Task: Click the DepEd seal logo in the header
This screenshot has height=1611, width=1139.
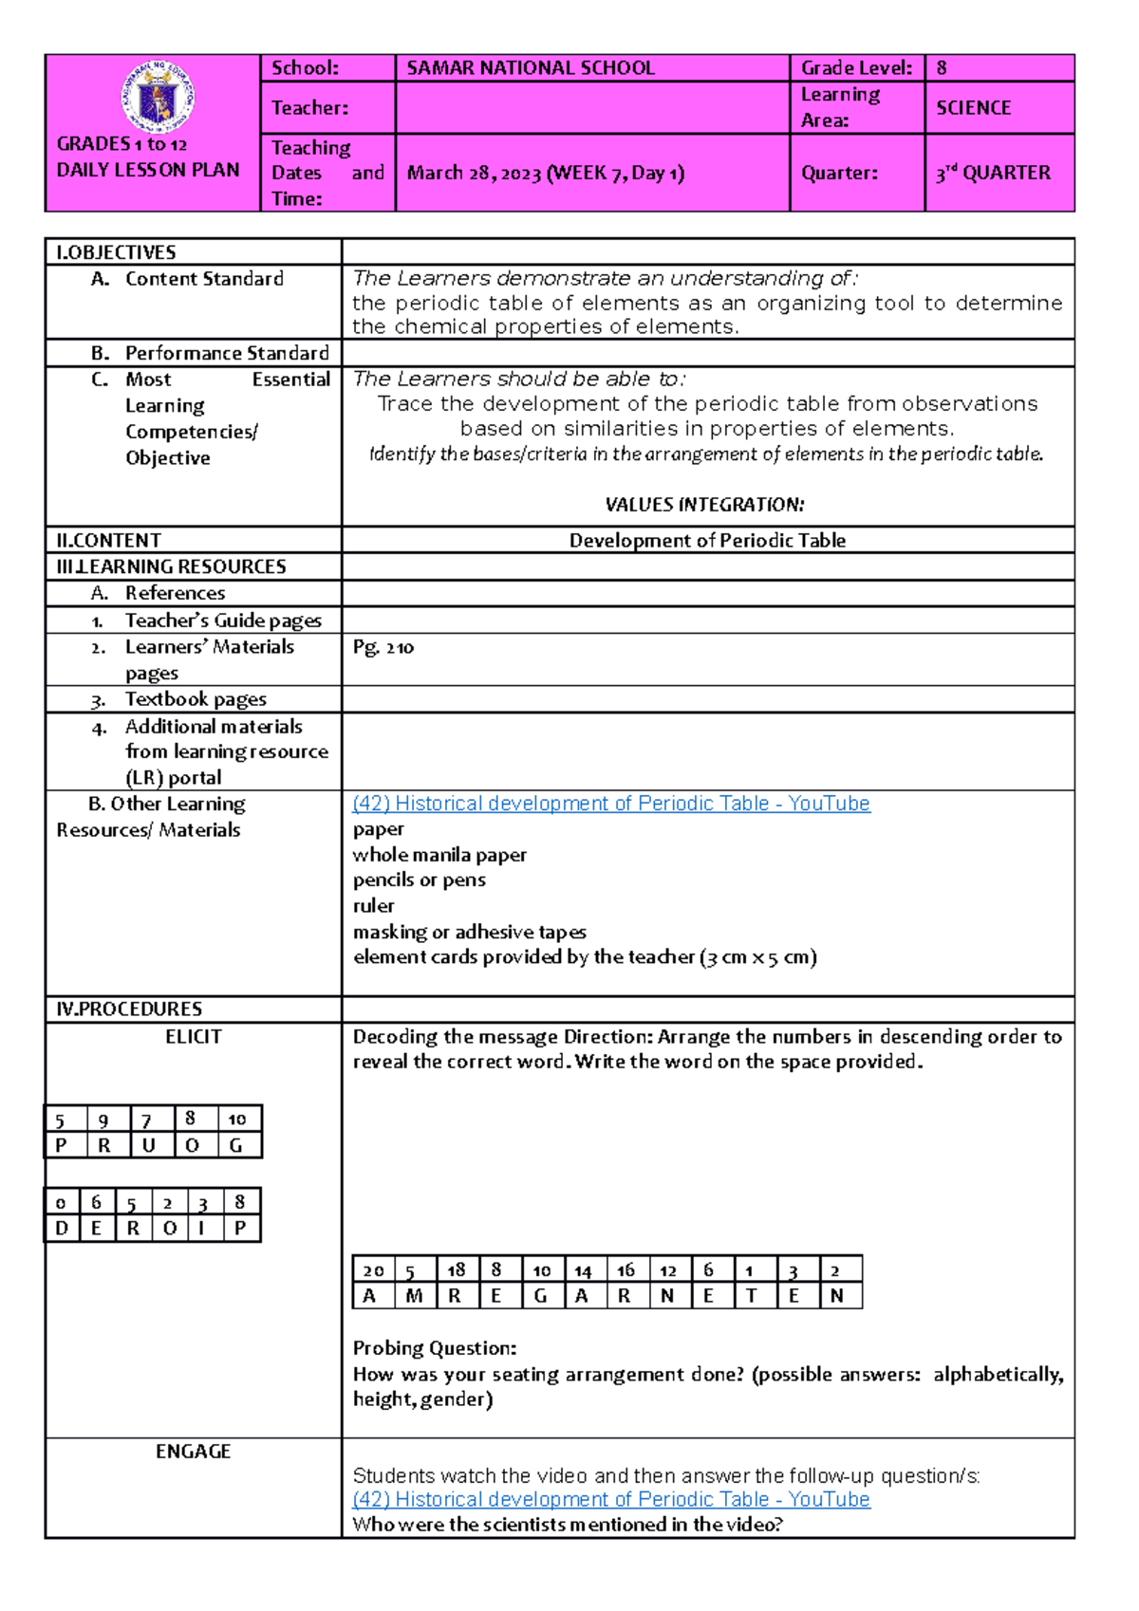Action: point(159,97)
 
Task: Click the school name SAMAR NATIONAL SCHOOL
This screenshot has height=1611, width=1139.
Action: point(531,68)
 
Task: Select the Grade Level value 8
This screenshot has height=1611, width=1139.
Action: point(942,68)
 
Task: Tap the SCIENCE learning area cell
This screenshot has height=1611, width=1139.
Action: point(973,108)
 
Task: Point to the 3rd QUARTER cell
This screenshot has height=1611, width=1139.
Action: point(993,173)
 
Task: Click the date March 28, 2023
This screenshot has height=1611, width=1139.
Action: point(474,173)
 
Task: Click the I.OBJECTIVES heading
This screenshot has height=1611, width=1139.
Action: point(116,252)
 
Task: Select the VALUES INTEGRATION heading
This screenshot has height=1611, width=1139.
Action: point(704,505)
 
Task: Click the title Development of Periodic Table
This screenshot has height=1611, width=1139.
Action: point(707,541)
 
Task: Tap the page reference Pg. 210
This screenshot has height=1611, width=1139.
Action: point(383,647)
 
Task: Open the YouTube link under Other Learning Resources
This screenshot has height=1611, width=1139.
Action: point(610,804)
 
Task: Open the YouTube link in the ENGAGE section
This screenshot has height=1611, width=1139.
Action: point(610,1499)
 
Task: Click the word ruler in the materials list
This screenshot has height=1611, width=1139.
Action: point(373,906)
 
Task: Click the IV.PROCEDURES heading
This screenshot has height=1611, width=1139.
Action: point(129,1009)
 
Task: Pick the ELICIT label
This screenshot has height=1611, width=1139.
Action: point(193,1037)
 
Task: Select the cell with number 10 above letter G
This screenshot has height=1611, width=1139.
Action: point(237,1120)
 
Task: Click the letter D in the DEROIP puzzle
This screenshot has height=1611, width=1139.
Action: point(62,1229)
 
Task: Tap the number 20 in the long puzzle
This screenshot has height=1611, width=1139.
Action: point(373,1270)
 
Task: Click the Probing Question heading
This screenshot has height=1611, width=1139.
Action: point(435,1348)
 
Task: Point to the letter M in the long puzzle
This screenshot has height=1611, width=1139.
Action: point(415,1296)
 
